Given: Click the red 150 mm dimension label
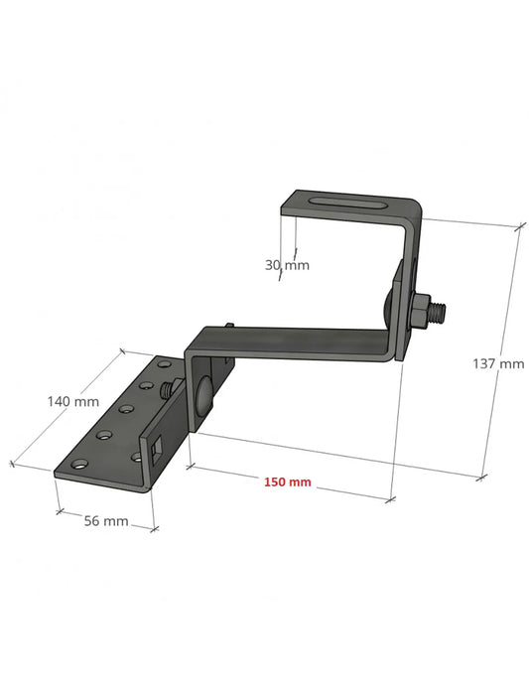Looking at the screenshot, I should tap(287, 482).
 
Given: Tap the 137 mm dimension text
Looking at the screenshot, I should tap(498, 363).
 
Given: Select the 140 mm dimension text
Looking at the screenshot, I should tap(73, 402).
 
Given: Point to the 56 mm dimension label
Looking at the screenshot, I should tap(103, 520).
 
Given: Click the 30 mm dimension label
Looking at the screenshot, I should tap(288, 265).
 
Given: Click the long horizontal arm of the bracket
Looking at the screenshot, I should tap(298, 343).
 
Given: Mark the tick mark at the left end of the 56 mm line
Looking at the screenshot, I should tap(59, 510).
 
